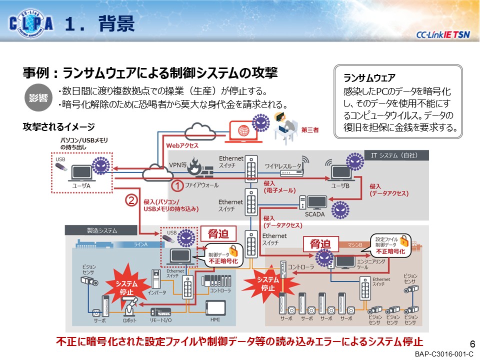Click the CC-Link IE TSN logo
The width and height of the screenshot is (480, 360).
443,34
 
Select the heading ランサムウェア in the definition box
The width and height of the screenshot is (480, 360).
369,78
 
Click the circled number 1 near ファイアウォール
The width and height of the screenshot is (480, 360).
177,185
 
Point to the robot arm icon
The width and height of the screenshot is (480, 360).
130,305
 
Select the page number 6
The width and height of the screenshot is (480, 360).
471,344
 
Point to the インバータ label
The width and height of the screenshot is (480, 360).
156,292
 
